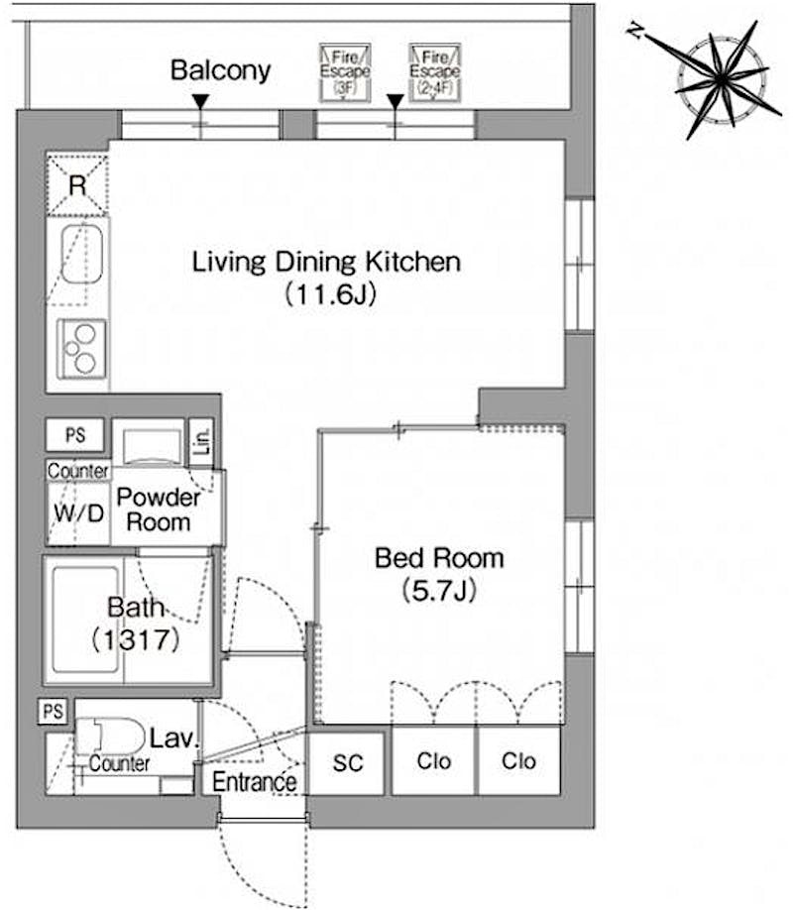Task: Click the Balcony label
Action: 221,70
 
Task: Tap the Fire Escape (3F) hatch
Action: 345,73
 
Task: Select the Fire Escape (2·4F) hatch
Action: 435,73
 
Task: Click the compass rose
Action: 721,79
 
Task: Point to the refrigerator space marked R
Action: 77,184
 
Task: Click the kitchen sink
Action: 82,255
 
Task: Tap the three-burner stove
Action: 82,349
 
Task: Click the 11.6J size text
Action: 330,293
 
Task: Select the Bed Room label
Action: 439,558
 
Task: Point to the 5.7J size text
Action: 439,591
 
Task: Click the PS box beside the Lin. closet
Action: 75,435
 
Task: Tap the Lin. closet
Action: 201,442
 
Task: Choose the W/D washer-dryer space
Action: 78,513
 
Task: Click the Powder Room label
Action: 158,510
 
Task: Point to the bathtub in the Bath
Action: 86,620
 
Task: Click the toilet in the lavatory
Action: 110,737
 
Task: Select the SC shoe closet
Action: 347,763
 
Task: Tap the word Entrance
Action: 255,782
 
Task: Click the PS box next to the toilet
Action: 54,711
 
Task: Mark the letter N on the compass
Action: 636,31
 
